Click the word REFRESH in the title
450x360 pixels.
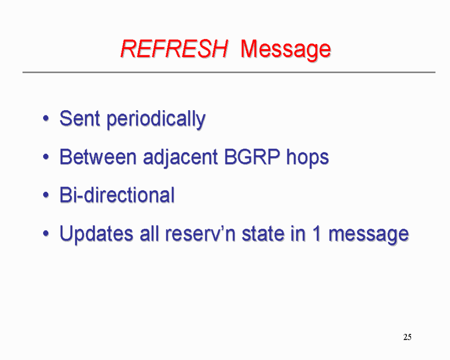174,49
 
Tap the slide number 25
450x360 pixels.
407,337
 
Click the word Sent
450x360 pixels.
80,118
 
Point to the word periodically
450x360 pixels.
156,120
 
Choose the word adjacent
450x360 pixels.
180,158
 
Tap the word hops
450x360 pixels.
307,158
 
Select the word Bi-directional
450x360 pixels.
117,195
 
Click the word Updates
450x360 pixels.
97,234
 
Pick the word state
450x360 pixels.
263,233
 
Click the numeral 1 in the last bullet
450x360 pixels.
317,233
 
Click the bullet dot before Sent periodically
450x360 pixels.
45,118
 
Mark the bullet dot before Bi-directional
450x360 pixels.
45,195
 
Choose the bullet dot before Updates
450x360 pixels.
45,233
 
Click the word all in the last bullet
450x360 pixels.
150,233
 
